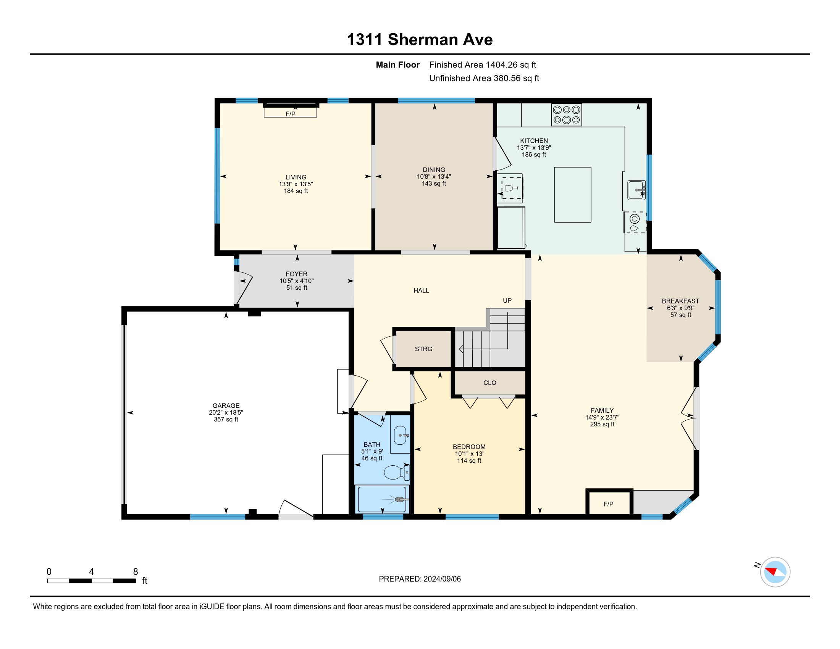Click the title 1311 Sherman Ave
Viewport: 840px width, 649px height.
[x=420, y=40]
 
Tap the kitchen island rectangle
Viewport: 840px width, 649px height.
[x=572, y=195]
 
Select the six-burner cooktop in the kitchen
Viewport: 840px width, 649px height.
[x=566, y=115]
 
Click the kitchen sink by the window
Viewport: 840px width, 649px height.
[x=636, y=190]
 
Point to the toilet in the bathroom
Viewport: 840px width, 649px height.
[x=397, y=472]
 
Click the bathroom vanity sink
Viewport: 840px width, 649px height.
[x=401, y=436]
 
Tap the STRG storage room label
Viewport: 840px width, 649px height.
[x=423, y=349]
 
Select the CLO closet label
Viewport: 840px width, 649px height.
[x=489, y=383]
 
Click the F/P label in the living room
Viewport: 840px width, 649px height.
[x=291, y=114]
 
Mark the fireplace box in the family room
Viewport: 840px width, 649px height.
[x=609, y=502]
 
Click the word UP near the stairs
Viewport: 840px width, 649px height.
[x=507, y=301]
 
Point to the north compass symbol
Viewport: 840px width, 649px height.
[x=775, y=572]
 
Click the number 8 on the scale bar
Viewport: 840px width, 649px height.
[x=136, y=572]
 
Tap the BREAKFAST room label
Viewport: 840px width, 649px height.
[x=680, y=301]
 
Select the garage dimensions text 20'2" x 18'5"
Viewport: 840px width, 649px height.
[x=226, y=413]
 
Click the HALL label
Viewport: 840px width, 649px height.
[x=421, y=291]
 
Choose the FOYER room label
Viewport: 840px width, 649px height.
[x=297, y=274]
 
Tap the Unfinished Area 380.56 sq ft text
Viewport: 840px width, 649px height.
[x=484, y=78]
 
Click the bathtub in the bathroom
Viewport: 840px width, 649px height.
[x=382, y=499]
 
